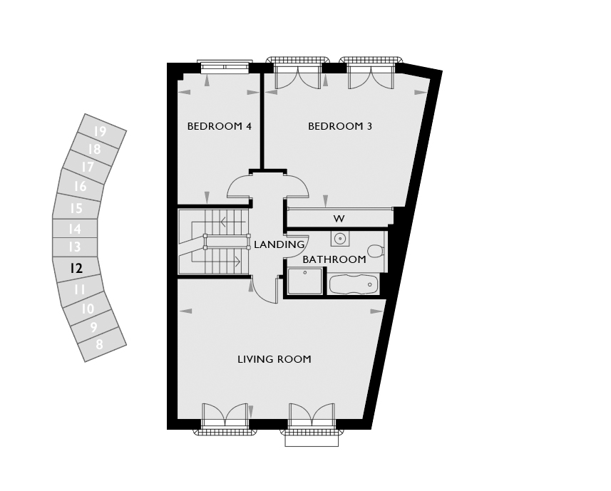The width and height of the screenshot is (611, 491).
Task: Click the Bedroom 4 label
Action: pos(220,126)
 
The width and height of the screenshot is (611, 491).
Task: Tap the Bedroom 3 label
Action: pos(340,126)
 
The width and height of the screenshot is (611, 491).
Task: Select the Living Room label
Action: pos(274,359)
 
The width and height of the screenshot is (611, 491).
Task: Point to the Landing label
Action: pos(279,244)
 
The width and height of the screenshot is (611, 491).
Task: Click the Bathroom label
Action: pos(334,259)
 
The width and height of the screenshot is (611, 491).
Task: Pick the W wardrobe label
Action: pos(339,219)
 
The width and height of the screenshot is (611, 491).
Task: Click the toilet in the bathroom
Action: pos(376,251)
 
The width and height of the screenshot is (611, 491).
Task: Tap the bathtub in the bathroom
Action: pos(354,284)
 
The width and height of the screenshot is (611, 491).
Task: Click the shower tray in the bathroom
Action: pos(304,281)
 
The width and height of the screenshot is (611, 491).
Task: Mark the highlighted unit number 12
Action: pos(76,268)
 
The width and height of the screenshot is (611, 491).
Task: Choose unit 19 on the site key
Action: pos(100,132)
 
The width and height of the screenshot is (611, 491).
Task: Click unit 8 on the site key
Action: pos(99,345)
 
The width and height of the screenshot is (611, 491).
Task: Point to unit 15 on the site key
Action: pos(76,208)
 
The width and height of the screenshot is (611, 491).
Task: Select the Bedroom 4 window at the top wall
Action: pos(224,66)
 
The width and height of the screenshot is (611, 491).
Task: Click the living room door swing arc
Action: pos(265,293)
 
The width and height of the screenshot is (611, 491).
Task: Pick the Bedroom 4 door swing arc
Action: pos(238,184)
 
